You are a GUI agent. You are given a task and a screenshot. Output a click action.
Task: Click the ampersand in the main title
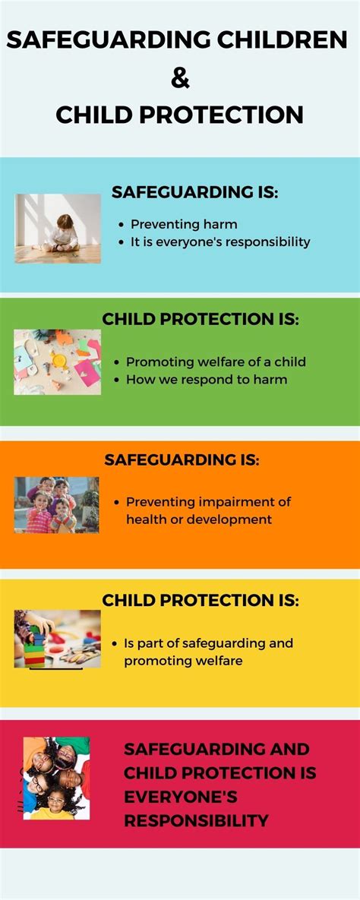(x=180, y=77)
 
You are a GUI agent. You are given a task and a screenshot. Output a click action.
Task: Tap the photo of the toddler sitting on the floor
(x=58, y=228)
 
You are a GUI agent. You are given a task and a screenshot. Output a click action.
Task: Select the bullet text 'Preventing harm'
(x=184, y=224)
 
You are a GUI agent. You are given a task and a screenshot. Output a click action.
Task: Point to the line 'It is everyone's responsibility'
(x=220, y=242)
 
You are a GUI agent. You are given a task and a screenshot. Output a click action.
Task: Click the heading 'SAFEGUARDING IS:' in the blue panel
(x=195, y=192)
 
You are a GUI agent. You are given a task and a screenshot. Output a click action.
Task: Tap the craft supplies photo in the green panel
(x=57, y=362)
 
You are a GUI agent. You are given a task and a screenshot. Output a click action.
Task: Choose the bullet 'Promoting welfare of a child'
(x=216, y=362)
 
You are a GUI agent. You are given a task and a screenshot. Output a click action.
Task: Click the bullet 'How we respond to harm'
(x=207, y=378)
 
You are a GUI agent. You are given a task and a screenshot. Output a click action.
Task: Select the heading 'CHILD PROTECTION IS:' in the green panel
(x=201, y=319)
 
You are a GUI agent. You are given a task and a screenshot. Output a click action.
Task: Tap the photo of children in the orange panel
(x=56, y=504)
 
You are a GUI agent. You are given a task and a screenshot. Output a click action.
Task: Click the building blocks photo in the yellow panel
(x=57, y=638)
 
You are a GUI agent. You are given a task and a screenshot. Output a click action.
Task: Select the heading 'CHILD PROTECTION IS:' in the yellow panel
(x=201, y=600)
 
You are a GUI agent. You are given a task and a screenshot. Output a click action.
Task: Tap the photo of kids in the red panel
(x=56, y=778)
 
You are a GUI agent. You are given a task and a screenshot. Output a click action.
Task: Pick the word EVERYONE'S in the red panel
(x=181, y=797)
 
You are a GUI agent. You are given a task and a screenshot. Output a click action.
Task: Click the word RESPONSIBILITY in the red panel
(x=196, y=820)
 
